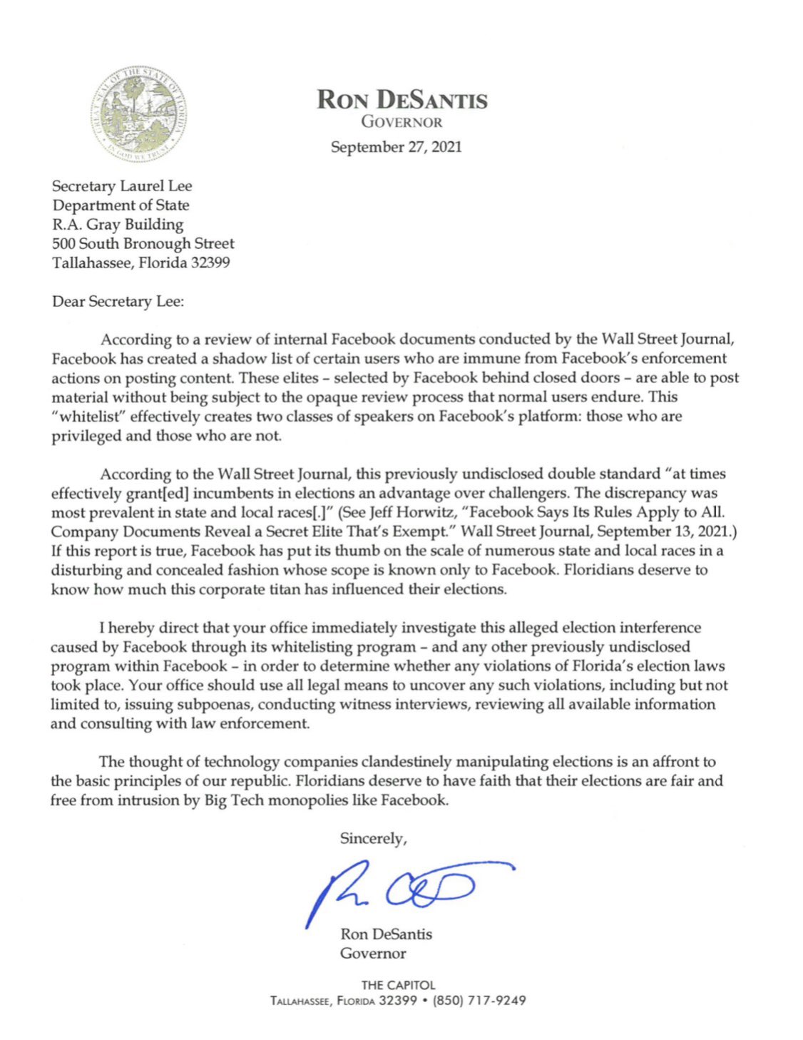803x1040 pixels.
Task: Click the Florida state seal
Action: [x=140, y=113]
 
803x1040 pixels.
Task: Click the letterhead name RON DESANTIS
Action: [x=402, y=99]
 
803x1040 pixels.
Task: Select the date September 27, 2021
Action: [x=396, y=147]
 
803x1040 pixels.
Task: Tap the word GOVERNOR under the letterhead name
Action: [x=401, y=122]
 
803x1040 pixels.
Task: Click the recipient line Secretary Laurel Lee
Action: [x=122, y=186]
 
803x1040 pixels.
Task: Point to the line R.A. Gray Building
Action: [x=118, y=225]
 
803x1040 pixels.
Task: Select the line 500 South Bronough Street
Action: [x=143, y=244]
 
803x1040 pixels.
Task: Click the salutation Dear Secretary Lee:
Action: [x=118, y=302]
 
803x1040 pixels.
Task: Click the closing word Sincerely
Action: [x=373, y=839]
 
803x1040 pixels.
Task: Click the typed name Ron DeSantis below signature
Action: [x=386, y=934]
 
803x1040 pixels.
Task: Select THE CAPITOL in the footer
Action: [x=398, y=985]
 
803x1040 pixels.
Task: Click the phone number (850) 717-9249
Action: [x=479, y=1001]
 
